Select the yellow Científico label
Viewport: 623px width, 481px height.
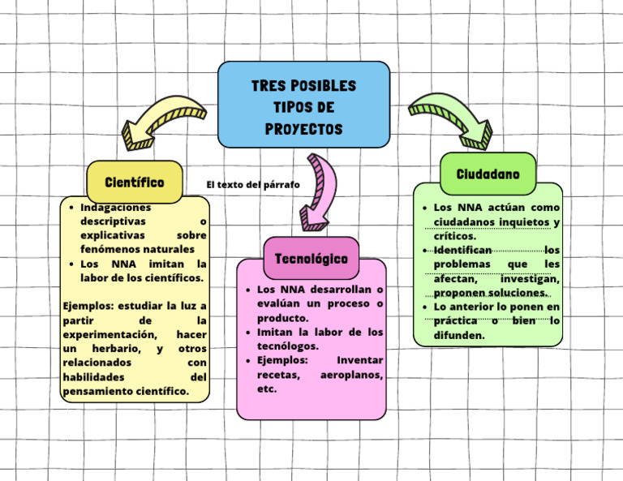tap(134, 182)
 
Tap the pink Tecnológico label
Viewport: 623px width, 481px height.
tap(311, 258)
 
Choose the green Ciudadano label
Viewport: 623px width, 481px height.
tap(488, 174)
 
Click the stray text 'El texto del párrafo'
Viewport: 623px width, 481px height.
tap(252, 185)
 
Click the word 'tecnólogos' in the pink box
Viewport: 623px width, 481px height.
tap(287, 346)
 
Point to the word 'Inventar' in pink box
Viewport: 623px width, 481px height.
tap(359, 360)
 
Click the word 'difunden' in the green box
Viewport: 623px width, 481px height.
tap(458, 335)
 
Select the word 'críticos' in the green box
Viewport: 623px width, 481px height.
tap(454, 236)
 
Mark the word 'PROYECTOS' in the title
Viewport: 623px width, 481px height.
tap(303, 130)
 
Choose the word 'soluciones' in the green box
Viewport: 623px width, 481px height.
tap(515, 293)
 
